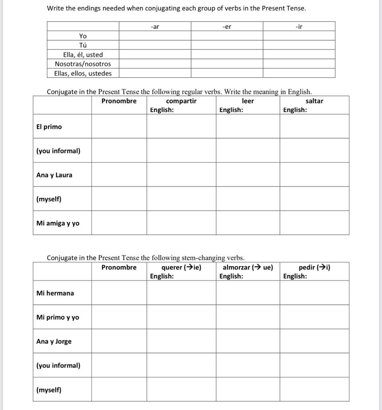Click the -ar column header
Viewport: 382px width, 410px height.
tap(155, 26)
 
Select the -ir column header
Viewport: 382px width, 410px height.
tap(299, 26)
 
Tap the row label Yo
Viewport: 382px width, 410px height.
tap(83, 36)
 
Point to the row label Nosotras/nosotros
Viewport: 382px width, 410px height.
tap(83, 64)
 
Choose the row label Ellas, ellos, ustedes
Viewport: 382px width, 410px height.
tap(83, 73)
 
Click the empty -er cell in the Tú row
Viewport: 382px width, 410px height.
tap(227, 45)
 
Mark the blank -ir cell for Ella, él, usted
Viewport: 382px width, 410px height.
tap(299, 54)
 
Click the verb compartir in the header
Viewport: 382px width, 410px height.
tap(181, 101)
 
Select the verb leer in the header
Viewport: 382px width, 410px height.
tap(248, 101)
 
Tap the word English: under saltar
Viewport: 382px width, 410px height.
tap(295, 110)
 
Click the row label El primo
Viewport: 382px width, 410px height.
tap(49, 127)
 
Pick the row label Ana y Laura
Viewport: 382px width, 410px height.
tap(54, 175)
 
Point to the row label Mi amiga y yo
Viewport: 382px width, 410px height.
tap(58, 223)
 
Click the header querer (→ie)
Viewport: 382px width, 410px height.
tap(181, 267)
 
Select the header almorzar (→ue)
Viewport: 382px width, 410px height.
tap(248, 267)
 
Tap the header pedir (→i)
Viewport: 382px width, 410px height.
tap(314, 267)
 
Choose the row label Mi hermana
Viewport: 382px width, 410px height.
tap(55, 293)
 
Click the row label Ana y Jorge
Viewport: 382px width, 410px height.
tap(54, 341)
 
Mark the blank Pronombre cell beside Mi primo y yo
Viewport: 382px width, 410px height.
tap(119, 317)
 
